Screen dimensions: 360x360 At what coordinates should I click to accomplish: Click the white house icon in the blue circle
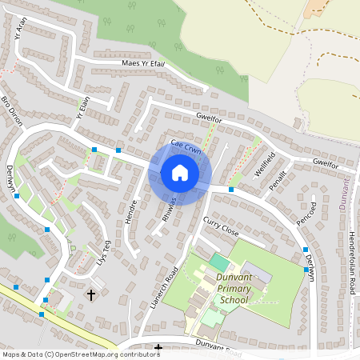180,173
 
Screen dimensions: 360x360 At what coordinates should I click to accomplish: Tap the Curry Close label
221,226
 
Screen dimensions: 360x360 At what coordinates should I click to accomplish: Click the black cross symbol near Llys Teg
90,294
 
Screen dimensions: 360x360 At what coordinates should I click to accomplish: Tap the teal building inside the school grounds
219,262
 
